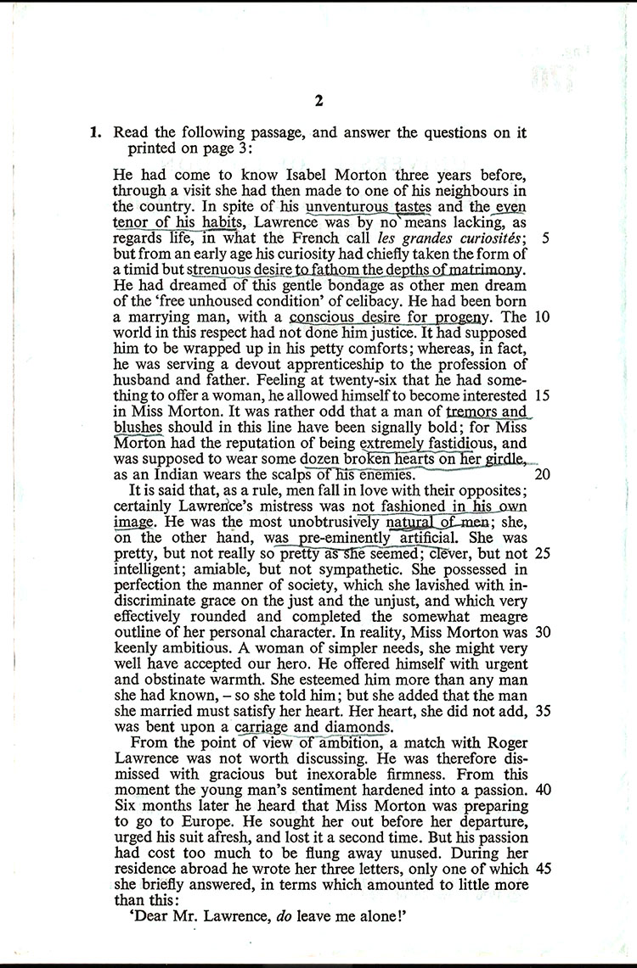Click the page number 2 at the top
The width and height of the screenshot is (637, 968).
point(318,101)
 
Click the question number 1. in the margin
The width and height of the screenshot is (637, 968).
point(96,132)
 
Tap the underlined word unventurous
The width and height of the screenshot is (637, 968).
point(344,205)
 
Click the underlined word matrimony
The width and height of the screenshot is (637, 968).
point(479,269)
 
